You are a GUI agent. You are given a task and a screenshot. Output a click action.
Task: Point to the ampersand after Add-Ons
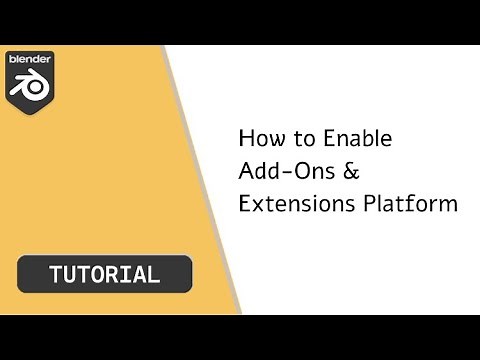tap(352, 170)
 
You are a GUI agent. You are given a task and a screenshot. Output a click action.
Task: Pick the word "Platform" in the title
tap(412, 203)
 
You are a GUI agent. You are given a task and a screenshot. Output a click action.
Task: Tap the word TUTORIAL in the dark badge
tap(103, 274)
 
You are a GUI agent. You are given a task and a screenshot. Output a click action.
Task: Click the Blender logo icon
tap(31, 88)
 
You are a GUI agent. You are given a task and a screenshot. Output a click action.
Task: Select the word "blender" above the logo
tap(30, 60)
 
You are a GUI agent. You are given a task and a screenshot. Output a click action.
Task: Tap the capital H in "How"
tap(246, 137)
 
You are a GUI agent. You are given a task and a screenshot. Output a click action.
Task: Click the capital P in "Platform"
tap(372, 203)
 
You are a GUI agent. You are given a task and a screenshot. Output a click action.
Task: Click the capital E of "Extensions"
tap(245, 203)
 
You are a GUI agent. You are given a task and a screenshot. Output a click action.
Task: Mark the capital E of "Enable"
tap(326, 137)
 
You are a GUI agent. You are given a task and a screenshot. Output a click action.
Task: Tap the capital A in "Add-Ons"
tap(246, 170)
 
